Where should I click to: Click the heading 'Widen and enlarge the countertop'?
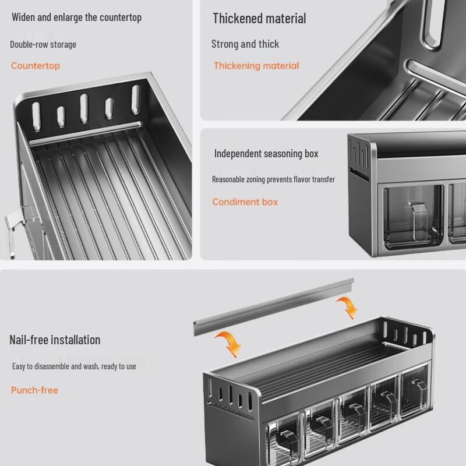76,17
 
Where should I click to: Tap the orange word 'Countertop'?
36,66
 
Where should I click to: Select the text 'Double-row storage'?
43,45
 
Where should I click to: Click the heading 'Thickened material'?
259,19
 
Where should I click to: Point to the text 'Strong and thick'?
245,44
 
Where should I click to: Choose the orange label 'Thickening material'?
256,66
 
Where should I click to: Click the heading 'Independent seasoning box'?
266,154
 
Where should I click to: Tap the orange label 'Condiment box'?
245,202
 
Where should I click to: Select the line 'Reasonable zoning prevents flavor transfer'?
273,179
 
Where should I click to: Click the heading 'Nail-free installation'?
55,340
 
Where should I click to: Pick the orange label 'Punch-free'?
34,390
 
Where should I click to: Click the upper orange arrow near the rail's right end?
348,308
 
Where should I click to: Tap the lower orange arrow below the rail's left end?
230,343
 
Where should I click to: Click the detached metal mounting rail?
273,307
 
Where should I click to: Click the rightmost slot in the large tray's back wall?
136,99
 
